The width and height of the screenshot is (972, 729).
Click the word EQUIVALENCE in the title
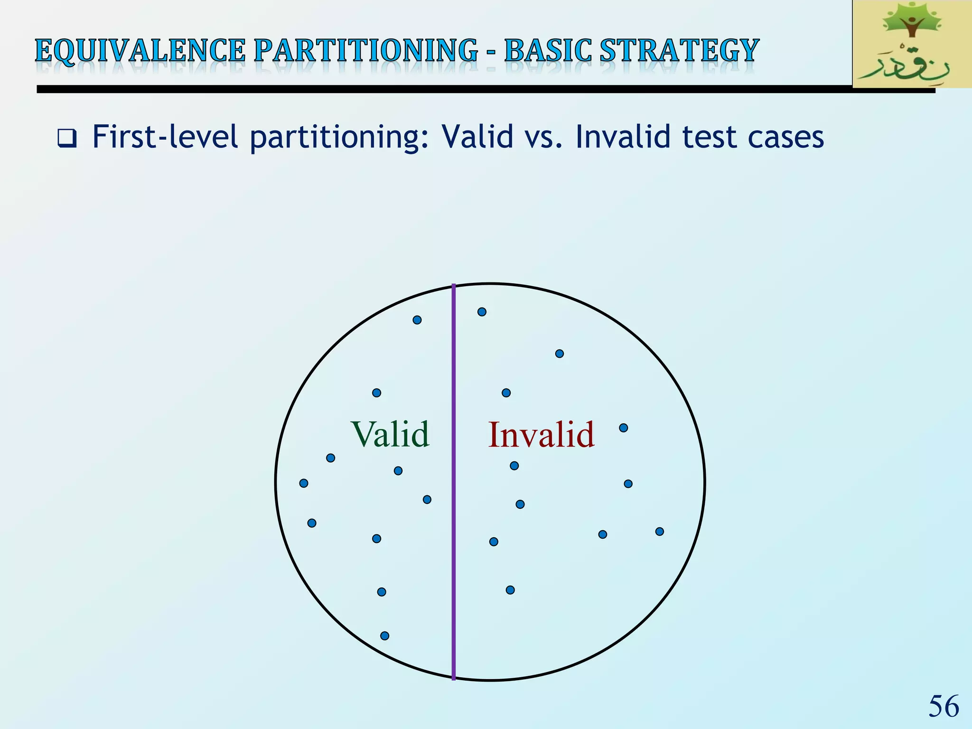coord(140,51)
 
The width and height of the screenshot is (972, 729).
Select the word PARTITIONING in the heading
coord(365,51)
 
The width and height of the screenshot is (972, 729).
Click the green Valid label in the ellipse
coord(390,434)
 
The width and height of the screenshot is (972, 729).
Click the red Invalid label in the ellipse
coord(541,434)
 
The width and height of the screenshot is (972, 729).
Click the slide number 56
coord(944,706)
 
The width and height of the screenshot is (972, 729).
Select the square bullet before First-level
coord(67,138)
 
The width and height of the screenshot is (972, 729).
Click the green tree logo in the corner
coord(911,44)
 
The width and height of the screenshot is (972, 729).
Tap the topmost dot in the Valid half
coord(417,320)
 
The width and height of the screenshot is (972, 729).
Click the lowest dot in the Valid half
coord(385,636)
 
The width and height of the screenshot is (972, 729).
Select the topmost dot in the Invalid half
coord(482,312)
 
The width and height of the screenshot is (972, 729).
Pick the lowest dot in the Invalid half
coord(510,590)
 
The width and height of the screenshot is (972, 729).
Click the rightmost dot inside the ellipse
coord(660,532)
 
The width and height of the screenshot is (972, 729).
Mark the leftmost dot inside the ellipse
coord(304,483)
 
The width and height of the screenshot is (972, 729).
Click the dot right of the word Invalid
coord(624,428)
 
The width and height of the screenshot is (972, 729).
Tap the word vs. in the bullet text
coord(544,138)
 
